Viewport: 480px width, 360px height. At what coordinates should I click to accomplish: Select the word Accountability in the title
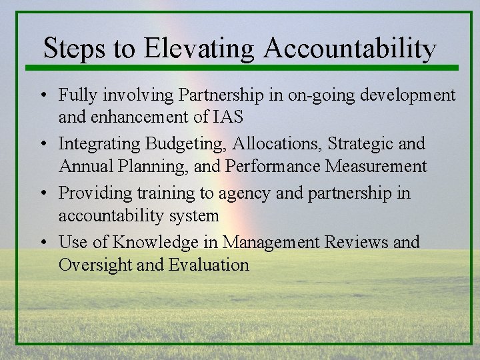tap(351, 49)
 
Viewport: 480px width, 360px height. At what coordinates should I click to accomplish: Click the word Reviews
tap(353, 241)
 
